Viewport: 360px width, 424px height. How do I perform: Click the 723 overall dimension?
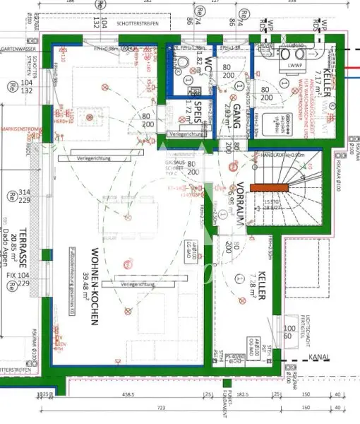click(x=161, y=408)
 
